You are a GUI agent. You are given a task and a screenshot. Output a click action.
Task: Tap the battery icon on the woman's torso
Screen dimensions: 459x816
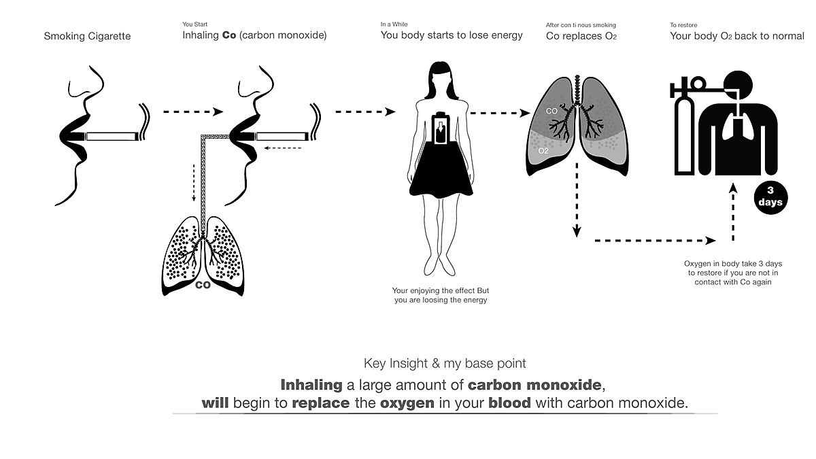tap(442, 128)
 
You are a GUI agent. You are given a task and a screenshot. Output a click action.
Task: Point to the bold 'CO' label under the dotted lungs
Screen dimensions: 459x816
tap(203, 286)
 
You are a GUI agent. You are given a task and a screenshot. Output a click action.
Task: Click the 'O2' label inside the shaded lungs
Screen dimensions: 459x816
tap(543, 151)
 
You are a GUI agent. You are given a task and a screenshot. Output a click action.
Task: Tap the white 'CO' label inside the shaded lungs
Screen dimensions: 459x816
tap(551, 109)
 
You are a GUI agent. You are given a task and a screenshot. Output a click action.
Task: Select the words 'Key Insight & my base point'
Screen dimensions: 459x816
tap(445, 363)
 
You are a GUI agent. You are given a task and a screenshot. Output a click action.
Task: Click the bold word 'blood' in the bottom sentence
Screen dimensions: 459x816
tap(510, 403)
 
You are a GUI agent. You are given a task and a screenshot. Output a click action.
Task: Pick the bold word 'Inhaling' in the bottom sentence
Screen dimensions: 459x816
tap(311, 384)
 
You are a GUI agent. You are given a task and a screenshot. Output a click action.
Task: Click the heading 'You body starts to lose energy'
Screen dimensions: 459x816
tap(452, 35)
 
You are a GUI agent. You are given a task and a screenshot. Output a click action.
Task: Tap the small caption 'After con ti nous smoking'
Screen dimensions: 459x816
tap(581, 25)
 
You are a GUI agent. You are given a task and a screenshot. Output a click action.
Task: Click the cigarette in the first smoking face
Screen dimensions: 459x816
tap(112, 136)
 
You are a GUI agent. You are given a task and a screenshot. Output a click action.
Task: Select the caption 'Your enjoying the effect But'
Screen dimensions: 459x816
tap(441, 290)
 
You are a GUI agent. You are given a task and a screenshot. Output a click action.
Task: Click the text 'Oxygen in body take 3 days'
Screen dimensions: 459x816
tap(733, 263)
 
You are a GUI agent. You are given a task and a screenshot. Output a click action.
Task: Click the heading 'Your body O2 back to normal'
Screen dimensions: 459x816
tap(737, 36)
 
